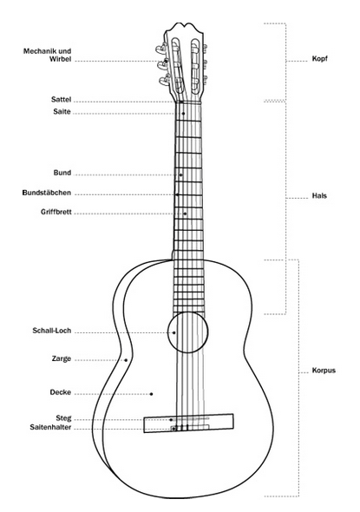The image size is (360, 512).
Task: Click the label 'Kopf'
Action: coord(319,59)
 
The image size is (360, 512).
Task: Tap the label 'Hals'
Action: coord(319,196)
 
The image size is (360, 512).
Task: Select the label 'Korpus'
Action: coord(324,371)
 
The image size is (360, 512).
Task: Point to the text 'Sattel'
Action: coord(61,99)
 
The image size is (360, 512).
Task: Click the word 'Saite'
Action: coord(62,112)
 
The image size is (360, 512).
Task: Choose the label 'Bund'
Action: coord(62,173)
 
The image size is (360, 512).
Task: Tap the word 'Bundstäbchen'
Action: coord(47,193)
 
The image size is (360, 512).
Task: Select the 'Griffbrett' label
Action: coord(56,212)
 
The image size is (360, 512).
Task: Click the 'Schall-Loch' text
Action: coord(52,331)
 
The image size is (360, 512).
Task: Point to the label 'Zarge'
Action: coord(62,358)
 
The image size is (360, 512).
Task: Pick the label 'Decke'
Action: coord(61,392)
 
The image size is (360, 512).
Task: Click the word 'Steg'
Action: coord(63,418)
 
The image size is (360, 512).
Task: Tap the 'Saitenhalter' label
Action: coord(50,427)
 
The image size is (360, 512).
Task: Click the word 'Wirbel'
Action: coord(61,59)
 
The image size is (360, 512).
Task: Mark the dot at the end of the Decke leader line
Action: coord(152,394)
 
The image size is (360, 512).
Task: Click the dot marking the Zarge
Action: coord(126,360)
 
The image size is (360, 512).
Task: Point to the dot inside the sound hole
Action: coord(174,332)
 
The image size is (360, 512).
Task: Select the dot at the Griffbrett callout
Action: coord(185,213)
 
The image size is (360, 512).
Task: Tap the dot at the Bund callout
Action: coord(180,175)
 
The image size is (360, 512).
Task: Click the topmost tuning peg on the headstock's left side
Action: coord(162,49)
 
